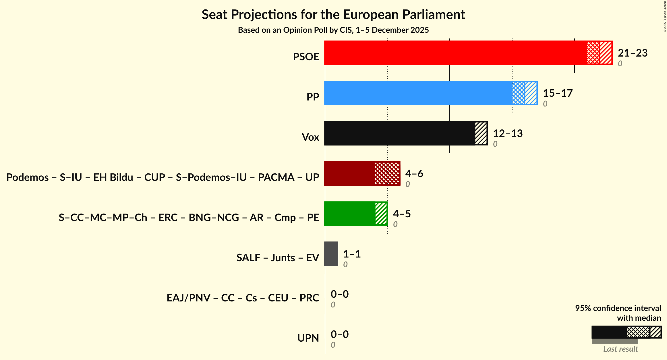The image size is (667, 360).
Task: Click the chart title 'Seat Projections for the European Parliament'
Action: [x=333, y=14]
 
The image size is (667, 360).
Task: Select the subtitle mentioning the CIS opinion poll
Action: [x=333, y=30]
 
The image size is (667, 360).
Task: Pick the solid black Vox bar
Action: [x=399, y=133]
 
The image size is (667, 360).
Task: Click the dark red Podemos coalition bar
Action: [x=349, y=173]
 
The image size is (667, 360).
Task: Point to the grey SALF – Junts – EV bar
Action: [x=331, y=254]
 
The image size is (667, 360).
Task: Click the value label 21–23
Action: [x=633, y=53]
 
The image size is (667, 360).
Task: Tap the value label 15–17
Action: [x=558, y=93]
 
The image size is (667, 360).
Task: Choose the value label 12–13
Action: [x=508, y=133]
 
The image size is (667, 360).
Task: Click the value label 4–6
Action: [x=414, y=174]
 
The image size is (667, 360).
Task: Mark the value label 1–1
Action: [x=352, y=254]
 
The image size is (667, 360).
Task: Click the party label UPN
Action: [x=308, y=338]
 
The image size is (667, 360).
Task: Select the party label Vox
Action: [x=310, y=137]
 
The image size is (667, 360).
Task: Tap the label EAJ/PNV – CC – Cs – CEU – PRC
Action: [x=243, y=298]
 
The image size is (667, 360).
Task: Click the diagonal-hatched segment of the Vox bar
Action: [x=481, y=133]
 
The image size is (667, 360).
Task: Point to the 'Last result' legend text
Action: [x=620, y=349]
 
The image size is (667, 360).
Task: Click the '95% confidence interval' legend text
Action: [x=618, y=308]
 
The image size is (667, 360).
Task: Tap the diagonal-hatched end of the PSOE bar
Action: [x=606, y=53]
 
